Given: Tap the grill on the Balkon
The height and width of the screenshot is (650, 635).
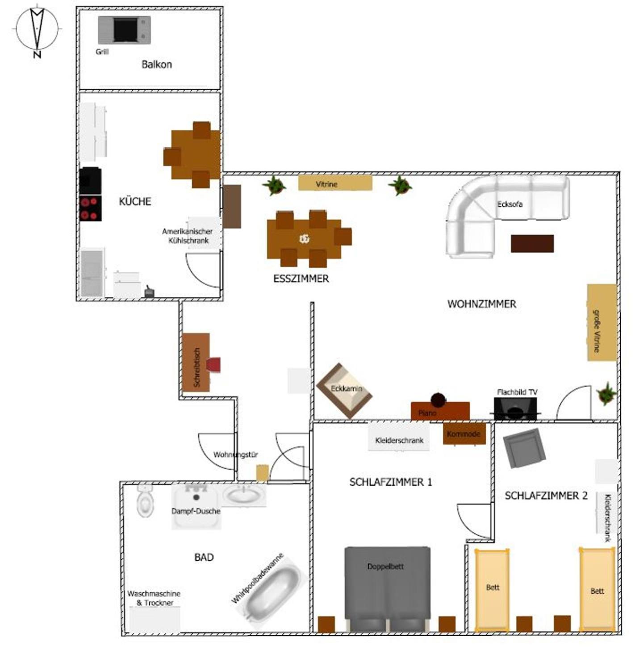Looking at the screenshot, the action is pos(124,30).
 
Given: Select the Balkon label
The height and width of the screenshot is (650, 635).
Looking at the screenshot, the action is pos(157,64).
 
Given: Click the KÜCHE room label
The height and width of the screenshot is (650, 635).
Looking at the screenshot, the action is pos(135,201).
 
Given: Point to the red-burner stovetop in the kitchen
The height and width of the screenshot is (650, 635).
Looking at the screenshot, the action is pos(91,208).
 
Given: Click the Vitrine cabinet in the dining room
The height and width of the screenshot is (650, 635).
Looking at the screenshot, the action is pos(335,183).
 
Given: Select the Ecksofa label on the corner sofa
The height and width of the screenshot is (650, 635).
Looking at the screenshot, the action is pos(510,204).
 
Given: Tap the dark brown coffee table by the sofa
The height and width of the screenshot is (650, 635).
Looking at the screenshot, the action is pos(532,243).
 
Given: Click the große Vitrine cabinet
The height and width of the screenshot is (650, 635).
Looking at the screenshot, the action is pos(602,322).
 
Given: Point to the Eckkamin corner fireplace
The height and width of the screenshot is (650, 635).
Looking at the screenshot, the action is pos(344,391).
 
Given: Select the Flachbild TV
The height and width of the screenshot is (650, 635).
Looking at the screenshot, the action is pos(515,408).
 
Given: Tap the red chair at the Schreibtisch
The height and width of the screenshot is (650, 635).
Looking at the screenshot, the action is pos(213,365).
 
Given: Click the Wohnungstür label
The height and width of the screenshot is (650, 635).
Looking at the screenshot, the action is pos(236,454).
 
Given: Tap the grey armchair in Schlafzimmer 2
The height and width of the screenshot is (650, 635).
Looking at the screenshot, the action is pos(525,449).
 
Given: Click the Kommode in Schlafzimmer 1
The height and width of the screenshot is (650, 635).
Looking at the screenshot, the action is pos(464,434).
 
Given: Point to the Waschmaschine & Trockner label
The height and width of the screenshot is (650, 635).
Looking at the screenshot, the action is pos(154,598).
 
